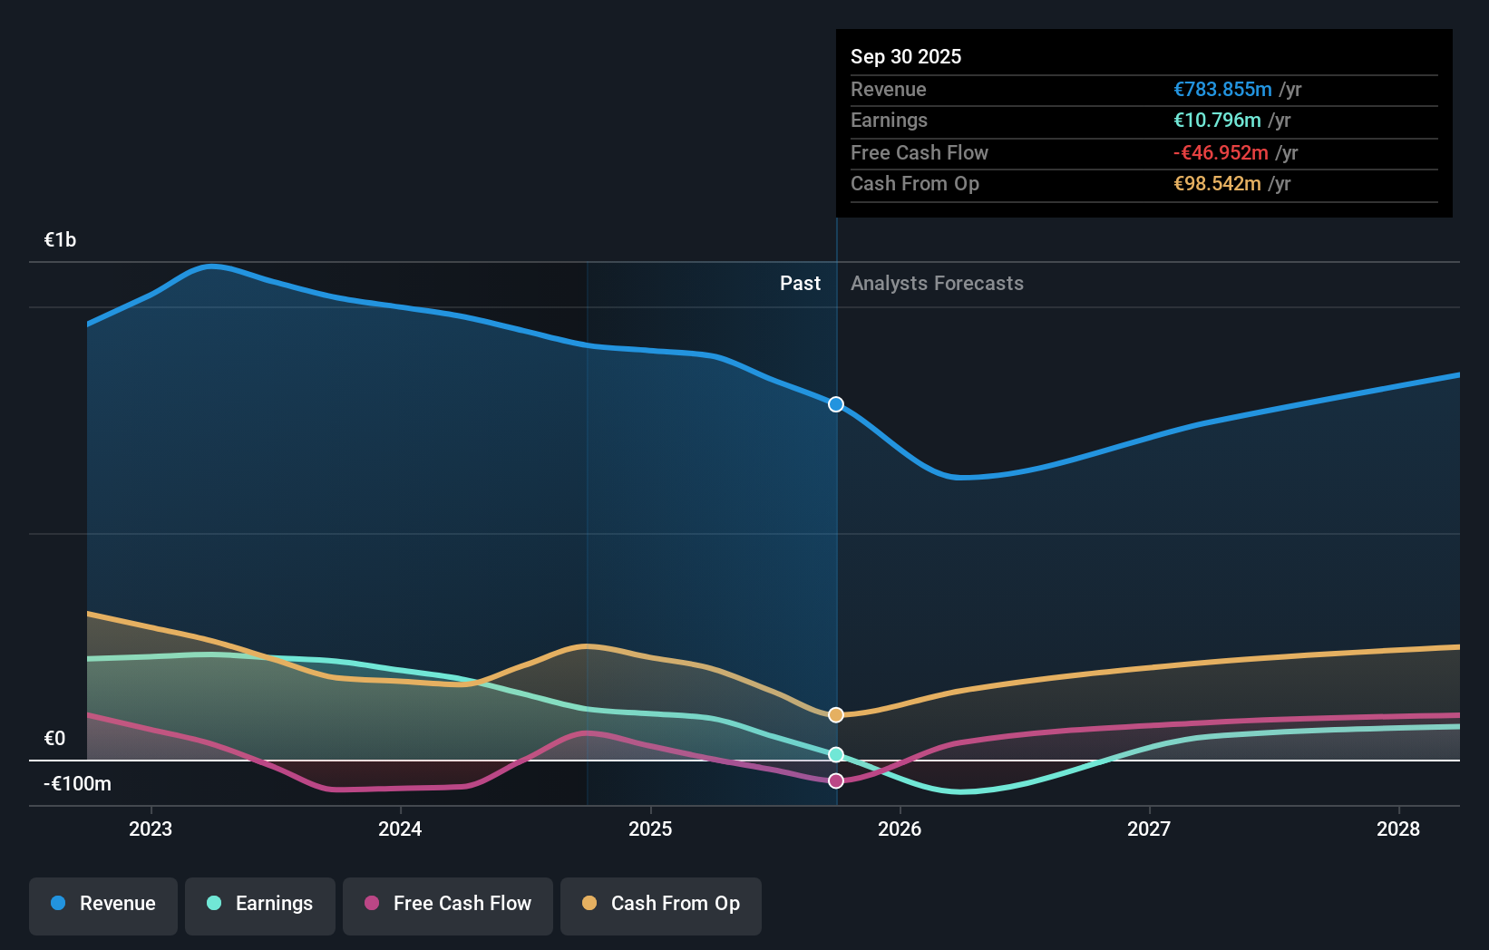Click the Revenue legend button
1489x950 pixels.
tap(103, 905)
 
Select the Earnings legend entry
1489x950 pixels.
tap(260, 905)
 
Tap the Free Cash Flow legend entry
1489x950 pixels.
tap(448, 905)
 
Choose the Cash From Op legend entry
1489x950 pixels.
tap(661, 905)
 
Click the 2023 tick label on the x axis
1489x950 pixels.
tap(151, 829)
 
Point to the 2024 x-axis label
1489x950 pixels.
tap(400, 829)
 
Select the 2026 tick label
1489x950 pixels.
tap(900, 829)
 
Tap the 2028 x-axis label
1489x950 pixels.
tap(1398, 829)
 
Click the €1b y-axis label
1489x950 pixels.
tap(61, 240)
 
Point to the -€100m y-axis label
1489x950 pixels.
tap(77, 784)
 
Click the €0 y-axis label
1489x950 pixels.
tap(55, 739)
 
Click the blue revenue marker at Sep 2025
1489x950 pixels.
tap(836, 404)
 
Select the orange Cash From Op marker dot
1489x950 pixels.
tap(836, 715)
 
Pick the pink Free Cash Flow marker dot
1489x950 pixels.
tap(836, 780)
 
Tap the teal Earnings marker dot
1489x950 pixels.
tap(836, 754)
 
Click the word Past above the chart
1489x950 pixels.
tap(800, 284)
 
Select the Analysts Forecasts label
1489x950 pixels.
tap(937, 284)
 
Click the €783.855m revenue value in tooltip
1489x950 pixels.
tap(1222, 90)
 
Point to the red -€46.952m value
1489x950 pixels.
tap(1221, 153)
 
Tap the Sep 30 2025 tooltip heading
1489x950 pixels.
tap(906, 57)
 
